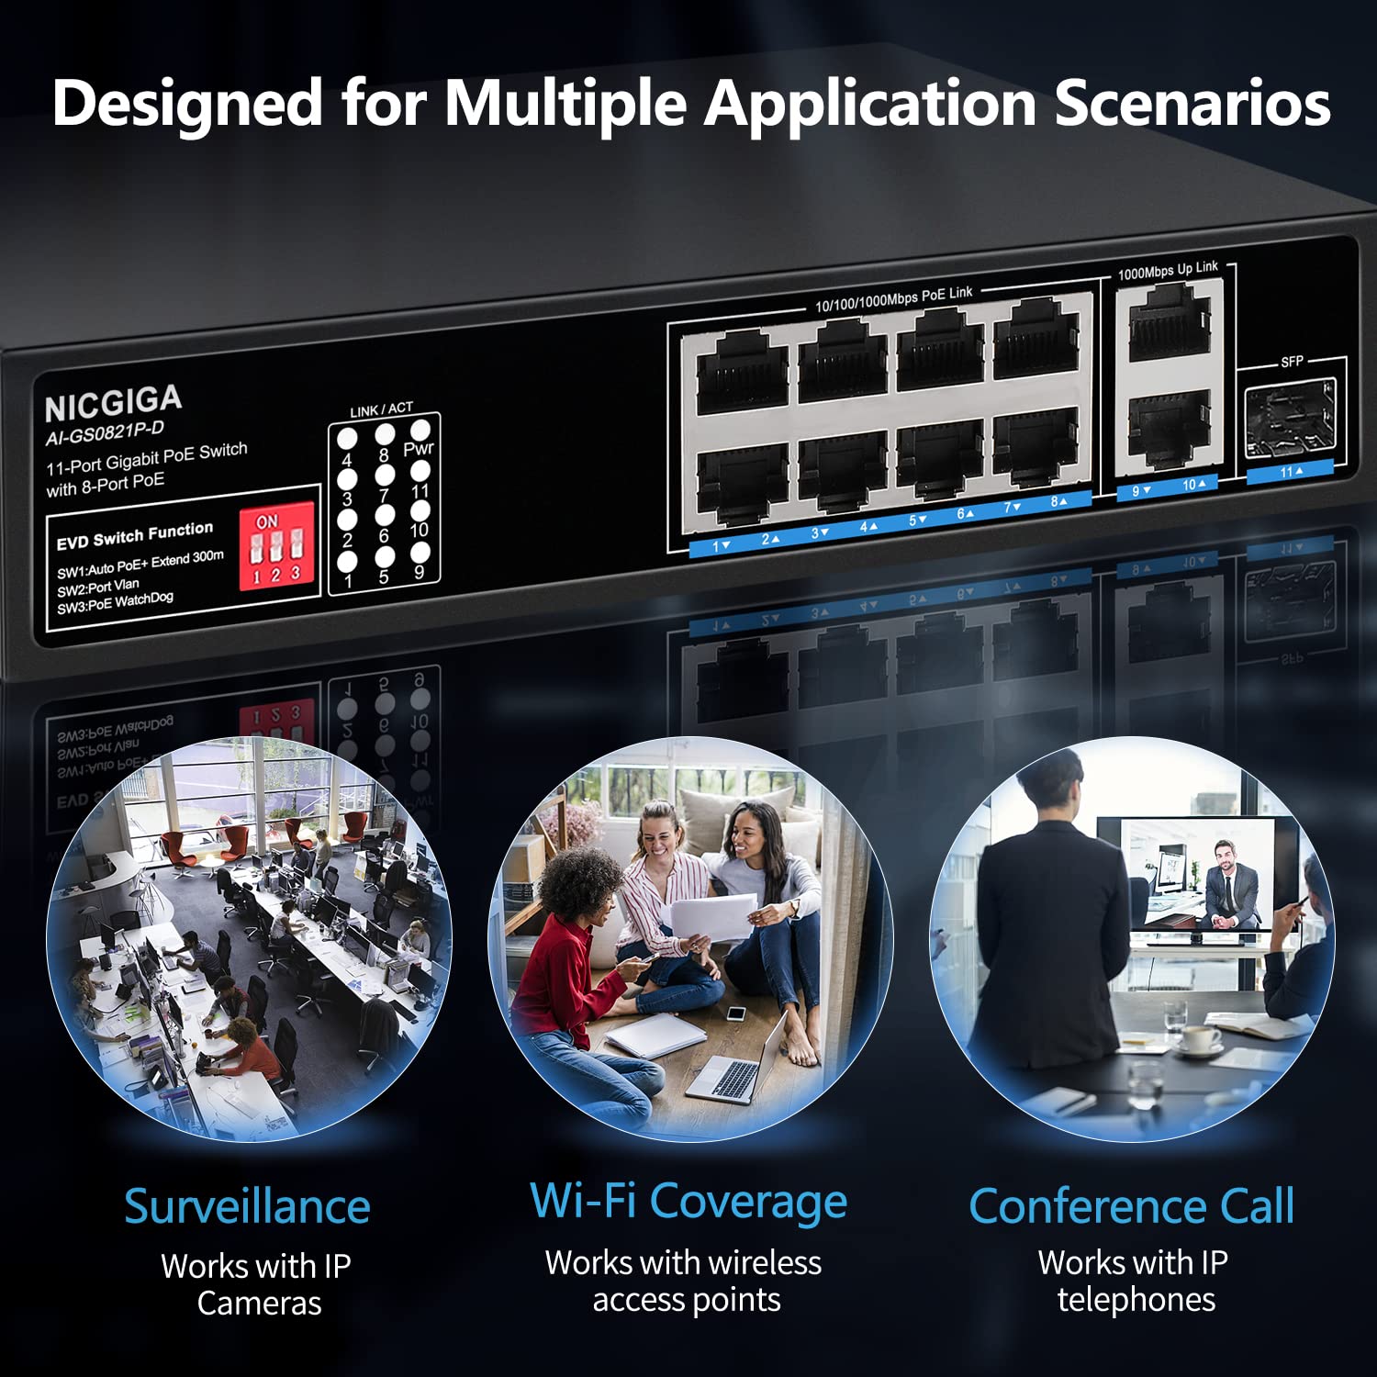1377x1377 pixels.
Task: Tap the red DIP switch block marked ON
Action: click(x=276, y=546)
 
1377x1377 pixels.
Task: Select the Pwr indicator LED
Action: click(x=420, y=430)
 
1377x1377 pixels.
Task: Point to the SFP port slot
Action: click(x=1289, y=420)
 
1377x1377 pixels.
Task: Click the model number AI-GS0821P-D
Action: click(x=105, y=432)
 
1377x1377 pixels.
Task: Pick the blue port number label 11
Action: click(x=1290, y=472)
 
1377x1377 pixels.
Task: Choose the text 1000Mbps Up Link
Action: click(x=1168, y=271)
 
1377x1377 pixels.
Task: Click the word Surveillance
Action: click(x=247, y=1206)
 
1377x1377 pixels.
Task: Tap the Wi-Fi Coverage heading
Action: click(x=688, y=1202)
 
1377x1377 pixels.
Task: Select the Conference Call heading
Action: click(x=1132, y=1206)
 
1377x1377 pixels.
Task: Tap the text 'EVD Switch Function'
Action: click(x=135, y=536)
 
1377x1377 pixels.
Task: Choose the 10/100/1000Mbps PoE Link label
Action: click(x=893, y=298)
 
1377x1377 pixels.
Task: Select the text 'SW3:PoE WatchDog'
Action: click(x=115, y=603)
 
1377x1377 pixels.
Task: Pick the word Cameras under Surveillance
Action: click(x=259, y=1304)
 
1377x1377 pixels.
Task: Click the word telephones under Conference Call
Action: click(x=1136, y=1300)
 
